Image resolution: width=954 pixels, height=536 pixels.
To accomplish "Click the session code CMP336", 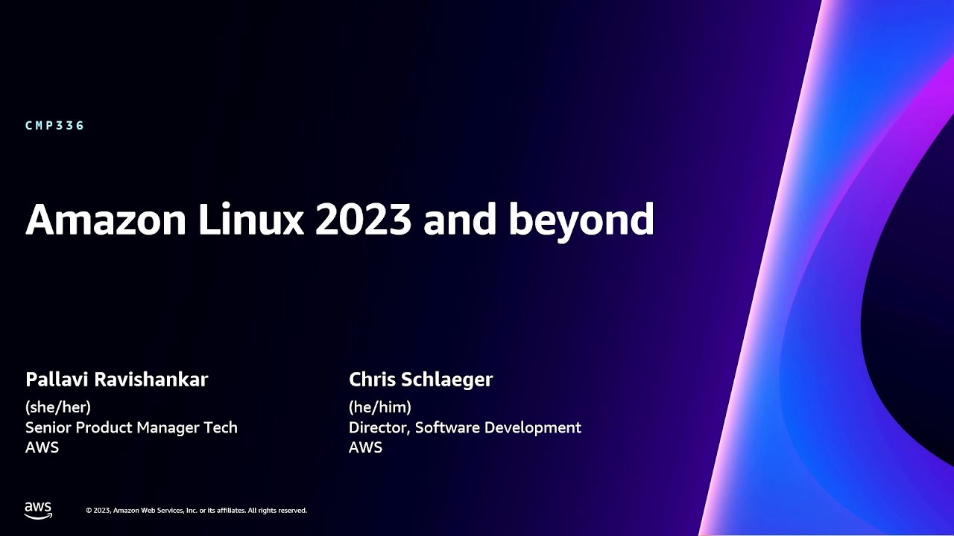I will coord(55,126).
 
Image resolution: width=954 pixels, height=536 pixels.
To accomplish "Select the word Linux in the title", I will coord(243,220).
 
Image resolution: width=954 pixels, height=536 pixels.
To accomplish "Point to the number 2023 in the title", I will coord(364,220).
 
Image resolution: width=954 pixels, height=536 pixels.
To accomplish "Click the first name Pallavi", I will coord(57,380).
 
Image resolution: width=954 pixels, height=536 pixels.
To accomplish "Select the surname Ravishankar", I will coord(151,380).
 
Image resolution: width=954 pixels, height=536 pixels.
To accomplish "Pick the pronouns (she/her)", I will coord(58,407).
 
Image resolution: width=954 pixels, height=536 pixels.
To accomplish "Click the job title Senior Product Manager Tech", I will coord(131,428).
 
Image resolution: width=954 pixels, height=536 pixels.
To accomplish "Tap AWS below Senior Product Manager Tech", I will coord(42,448).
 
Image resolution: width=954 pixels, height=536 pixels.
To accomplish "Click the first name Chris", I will coord(372,380).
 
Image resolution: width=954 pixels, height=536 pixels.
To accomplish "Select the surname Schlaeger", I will coord(447,380).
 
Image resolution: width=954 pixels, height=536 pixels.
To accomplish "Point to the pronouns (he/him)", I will coord(380,407).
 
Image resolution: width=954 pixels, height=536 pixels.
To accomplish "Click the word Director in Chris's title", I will coord(379,428).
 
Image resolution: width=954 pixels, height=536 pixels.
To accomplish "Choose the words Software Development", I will coord(498,428).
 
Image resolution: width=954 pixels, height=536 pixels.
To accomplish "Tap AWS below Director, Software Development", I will coord(365,448).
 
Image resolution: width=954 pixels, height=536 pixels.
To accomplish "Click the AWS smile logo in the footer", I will coord(38,510).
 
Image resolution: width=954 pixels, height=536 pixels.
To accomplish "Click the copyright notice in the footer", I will coord(196,511).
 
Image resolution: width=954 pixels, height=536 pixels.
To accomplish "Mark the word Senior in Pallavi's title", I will coord(48,428).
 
